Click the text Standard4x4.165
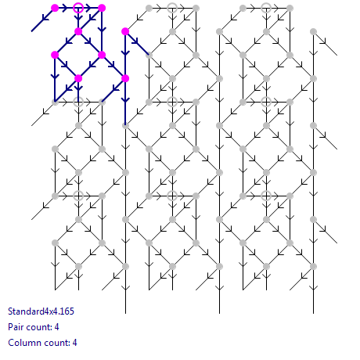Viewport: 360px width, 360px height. pos(41,311)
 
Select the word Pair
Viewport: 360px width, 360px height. pos(16,327)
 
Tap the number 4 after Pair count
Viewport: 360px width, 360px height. pos(56,327)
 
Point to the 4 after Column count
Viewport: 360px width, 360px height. pos(74,343)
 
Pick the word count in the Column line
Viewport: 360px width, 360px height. pos(56,343)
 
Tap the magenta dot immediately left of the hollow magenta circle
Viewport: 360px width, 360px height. pos(55,8)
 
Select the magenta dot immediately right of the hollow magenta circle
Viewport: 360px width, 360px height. pos(102,8)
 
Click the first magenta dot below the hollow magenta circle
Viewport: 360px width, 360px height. pos(78,31)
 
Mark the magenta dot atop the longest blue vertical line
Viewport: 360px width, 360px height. pos(125,31)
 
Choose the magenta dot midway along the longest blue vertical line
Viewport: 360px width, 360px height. pos(125,78)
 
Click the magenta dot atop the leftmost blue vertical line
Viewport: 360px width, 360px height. pos(55,55)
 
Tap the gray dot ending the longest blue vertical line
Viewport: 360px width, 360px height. pos(125,125)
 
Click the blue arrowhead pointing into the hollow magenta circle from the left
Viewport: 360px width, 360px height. pos(64,8)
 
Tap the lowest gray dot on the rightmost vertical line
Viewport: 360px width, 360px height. pos(313,266)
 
